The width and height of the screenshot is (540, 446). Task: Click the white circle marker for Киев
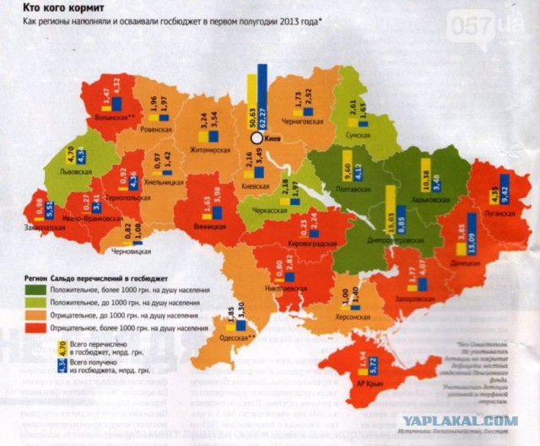[x=255, y=137]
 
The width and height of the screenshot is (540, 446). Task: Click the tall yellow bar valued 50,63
[x=251, y=102]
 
